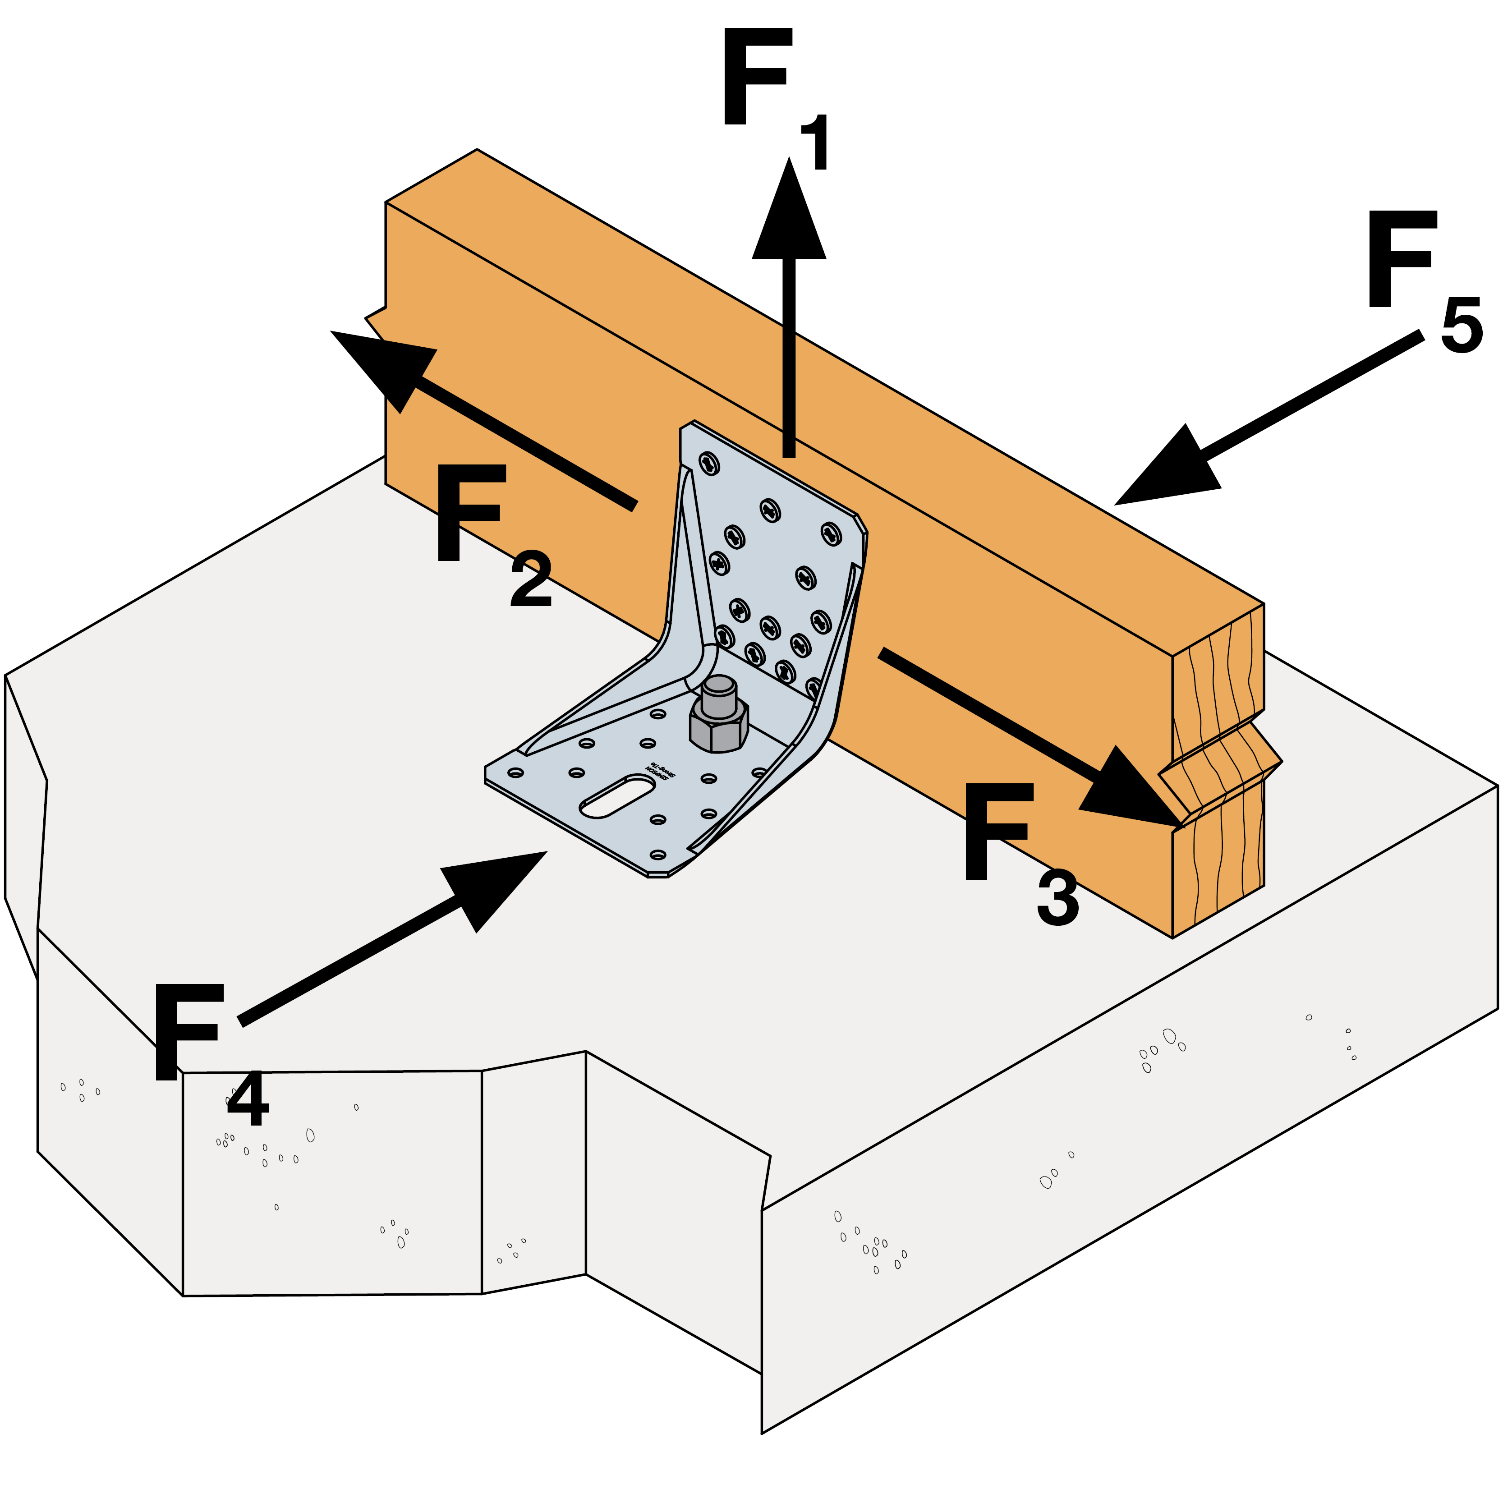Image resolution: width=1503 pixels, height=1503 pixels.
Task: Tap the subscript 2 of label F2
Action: [531, 579]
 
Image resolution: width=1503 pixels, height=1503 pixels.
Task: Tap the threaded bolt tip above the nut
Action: [719, 695]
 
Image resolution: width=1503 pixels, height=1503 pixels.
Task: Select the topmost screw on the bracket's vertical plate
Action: [709, 464]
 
